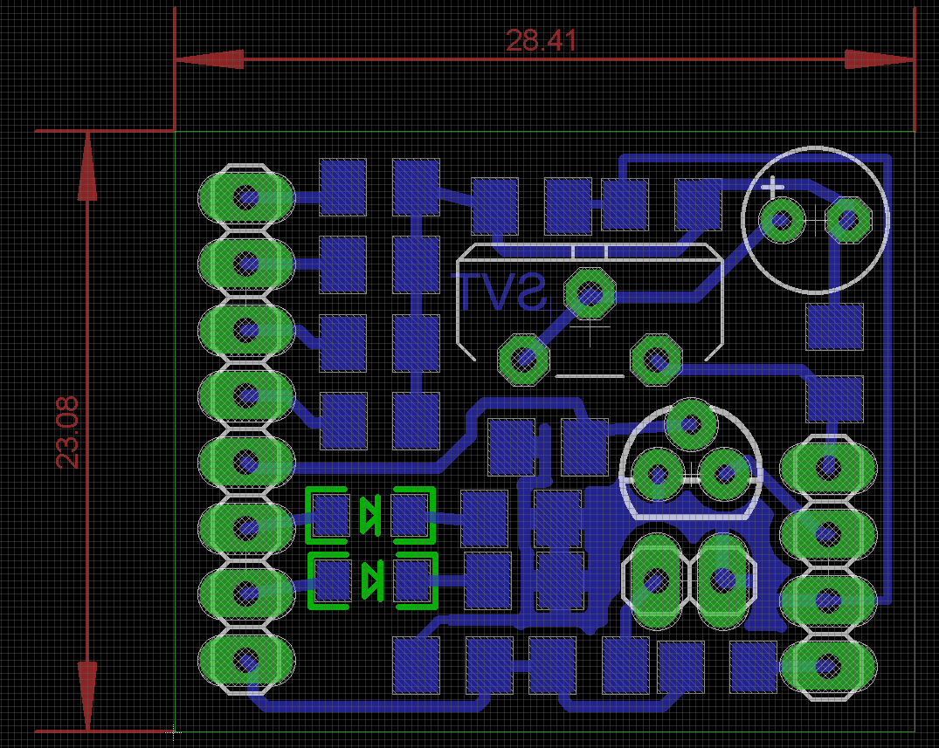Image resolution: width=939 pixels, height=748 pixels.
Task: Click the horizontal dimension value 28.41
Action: (x=541, y=40)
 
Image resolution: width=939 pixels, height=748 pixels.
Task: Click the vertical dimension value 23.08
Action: (x=67, y=432)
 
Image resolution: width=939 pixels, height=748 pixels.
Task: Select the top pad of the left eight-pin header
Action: (x=246, y=197)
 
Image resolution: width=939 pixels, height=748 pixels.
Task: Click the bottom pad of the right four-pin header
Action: (x=827, y=667)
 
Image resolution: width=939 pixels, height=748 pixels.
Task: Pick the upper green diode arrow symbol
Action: (x=370, y=515)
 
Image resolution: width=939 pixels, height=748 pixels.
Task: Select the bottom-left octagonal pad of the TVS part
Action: (x=522, y=359)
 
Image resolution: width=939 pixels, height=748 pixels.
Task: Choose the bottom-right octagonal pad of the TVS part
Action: (x=656, y=358)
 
